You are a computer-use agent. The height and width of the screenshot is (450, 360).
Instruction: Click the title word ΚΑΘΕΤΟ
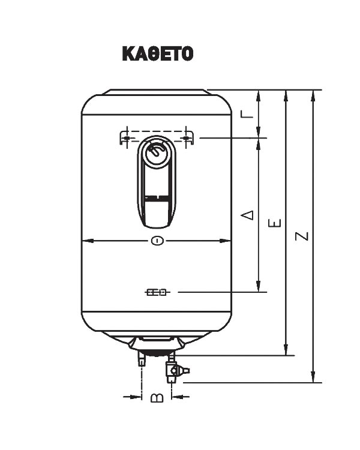pyautogui.click(x=157, y=54)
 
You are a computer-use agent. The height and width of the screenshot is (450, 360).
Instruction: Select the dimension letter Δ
pyautogui.click(x=248, y=214)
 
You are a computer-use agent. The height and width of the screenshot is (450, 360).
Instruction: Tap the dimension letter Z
pyautogui.click(x=302, y=235)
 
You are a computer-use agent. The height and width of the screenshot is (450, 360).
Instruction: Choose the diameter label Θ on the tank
pyautogui.click(x=156, y=241)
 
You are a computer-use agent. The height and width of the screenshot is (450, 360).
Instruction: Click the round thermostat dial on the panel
pyautogui.click(x=157, y=150)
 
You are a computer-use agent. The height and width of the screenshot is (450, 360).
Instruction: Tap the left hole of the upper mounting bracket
pyautogui.click(x=127, y=138)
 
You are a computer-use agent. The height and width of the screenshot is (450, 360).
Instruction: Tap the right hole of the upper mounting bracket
pyautogui.click(x=187, y=138)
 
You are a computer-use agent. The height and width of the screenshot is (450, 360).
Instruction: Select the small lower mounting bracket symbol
pyautogui.click(x=157, y=292)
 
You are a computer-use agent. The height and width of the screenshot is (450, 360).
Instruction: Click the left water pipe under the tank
pyautogui.click(x=142, y=359)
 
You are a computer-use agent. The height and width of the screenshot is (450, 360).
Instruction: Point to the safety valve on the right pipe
pyautogui.click(x=173, y=372)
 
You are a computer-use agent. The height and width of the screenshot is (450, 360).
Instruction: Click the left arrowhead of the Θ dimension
pyautogui.click(x=85, y=241)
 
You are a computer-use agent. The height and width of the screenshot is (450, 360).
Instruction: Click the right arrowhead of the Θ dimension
pyautogui.click(x=227, y=241)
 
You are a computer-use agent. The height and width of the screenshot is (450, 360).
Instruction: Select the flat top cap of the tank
pyautogui.click(x=157, y=92)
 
